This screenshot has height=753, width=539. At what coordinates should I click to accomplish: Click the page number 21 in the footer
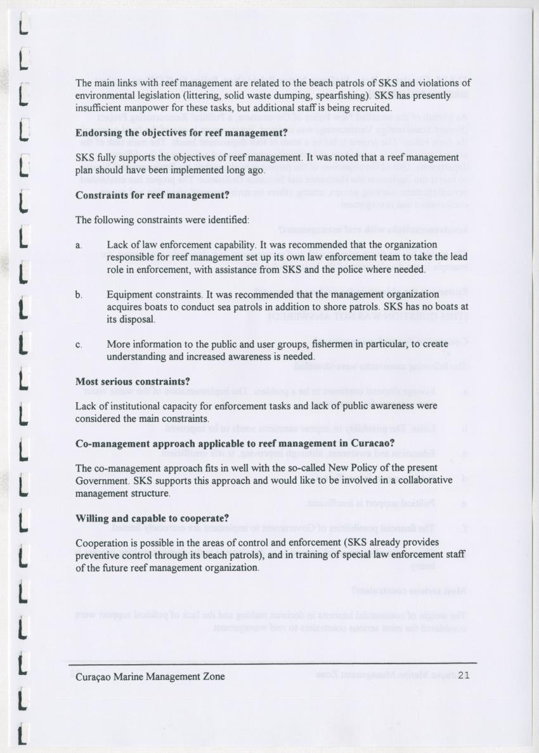click(x=463, y=676)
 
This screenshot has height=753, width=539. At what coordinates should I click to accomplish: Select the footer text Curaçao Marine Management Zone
click(x=150, y=676)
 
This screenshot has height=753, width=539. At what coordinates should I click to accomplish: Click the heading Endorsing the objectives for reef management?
click(x=181, y=134)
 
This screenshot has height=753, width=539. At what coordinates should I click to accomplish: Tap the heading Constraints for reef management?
click(x=152, y=195)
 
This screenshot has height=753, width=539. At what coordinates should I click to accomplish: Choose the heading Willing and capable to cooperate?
click(x=152, y=518)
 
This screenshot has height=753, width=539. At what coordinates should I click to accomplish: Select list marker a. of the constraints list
click(x=78, y=245)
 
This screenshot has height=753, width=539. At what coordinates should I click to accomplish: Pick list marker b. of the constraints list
click(x=79, y=295)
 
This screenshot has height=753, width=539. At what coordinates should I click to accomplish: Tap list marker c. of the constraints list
click(x=78, y=345)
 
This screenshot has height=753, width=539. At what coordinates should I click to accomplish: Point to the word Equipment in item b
click(x=129, y=295)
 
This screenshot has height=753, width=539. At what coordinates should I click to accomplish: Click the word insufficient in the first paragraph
click(x=98, y=108)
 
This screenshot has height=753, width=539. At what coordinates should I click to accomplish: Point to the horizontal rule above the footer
click(x=273, y=664)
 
